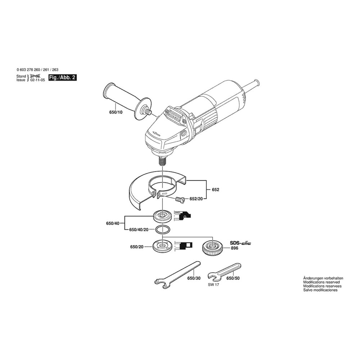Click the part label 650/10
[116, 112]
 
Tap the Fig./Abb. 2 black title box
[62, 78]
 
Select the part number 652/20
[196, 199]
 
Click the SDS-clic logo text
[240, 243]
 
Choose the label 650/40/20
[139, 230]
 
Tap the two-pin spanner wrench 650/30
[177, 275]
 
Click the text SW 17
[213, 285]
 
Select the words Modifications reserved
[321, 282]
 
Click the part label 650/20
[136, 247]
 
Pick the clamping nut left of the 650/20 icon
[162, 247]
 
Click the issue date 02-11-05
[38, 80]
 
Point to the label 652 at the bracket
[216, 190]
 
